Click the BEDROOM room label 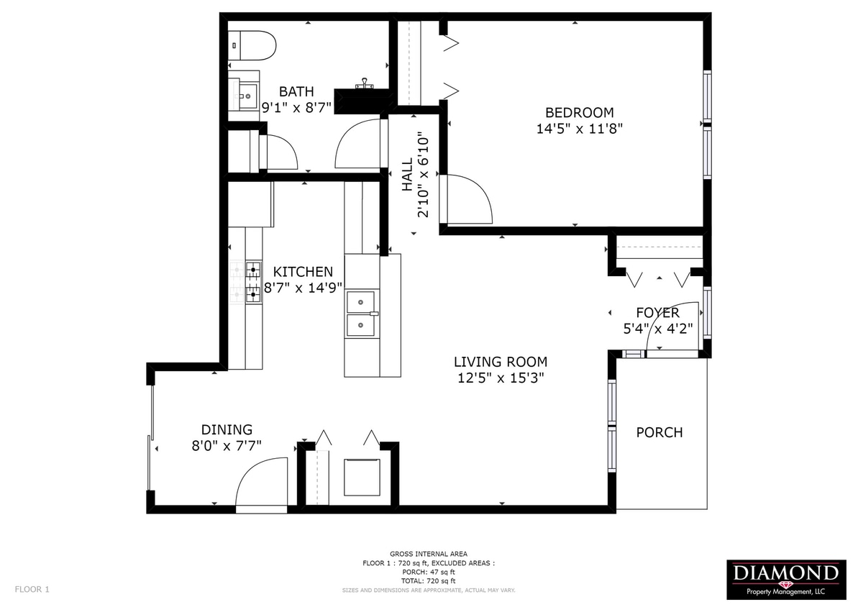coord(579,113)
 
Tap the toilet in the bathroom coord(253,45)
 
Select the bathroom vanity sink coord(247,93)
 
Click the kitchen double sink coord(362,314)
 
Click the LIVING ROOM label coord(500,362)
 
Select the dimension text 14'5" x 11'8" coord(579,129)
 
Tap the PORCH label coord(659,432)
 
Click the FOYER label coord(657,313)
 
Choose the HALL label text coord(408,175)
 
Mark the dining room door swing coord(262,484)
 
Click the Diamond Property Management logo coord(785,580)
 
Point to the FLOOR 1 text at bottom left coord(32,589)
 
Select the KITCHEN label coord(303,272)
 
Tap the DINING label coord(227,429)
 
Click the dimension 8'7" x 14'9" coord(303,288)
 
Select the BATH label coord(296,91)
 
